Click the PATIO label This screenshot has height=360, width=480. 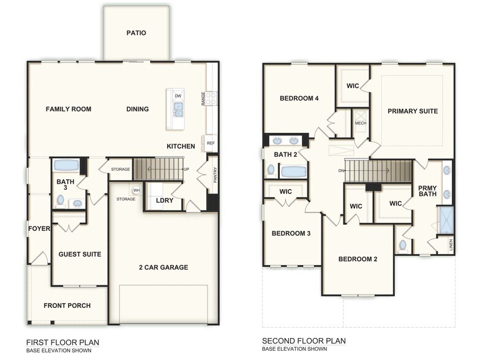[136, 33]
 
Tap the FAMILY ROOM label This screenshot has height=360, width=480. [69, 110]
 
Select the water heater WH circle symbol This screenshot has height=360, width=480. [137, 190]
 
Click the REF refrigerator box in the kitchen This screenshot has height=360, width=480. [211, 143]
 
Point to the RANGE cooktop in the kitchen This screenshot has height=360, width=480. [211, 98]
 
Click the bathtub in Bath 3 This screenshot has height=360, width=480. [66, 165]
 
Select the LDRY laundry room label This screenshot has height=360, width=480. [165, 201]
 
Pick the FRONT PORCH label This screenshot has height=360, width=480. [67, 306]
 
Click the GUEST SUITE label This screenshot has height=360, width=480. [80, 254]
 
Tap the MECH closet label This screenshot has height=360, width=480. [361, 123]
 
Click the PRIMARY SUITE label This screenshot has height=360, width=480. [413, 111]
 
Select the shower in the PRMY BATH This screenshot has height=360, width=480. [446, 220]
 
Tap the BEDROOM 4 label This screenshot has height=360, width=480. [299, 99]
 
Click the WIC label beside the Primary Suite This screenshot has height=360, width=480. [353, 86]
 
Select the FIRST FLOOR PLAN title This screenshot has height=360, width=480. [62, 342]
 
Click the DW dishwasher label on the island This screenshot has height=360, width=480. [178, 96]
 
